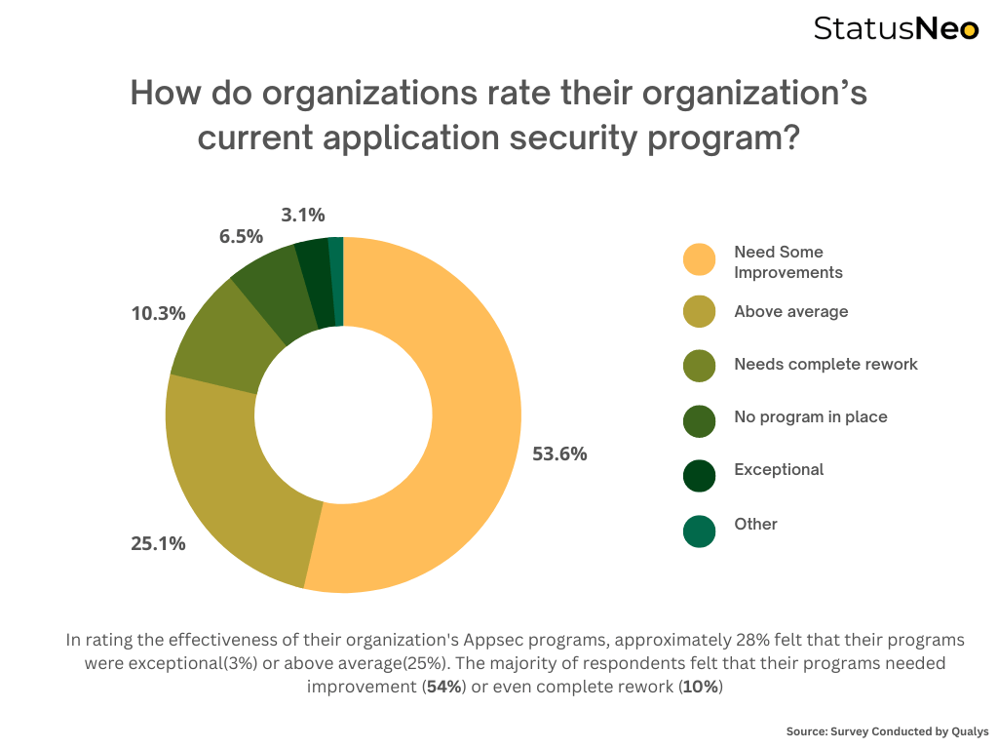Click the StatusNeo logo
pyautogui.click(x=896, y=28)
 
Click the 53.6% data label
pyautogui.click(x=559, y=453)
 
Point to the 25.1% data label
pyautogui.click(x=158, y=543)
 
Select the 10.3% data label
pyautogui.click(x=158, y=314)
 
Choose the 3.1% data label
pyautogui.click(x=303, y=215)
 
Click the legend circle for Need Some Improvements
pyautogui.click(x=700, y=260)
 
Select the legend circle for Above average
pyautogui.click(x=700, y=312)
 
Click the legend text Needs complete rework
pyautogui.click(x=825, y=364)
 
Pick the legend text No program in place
pyautogui.click(x=810, y=416)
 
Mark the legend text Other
pyautogui.click(x=755, y=524)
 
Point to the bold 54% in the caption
pyautogui.click(x=443, y=687)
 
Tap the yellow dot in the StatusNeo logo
pyautogui.click(x=969, y=30)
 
